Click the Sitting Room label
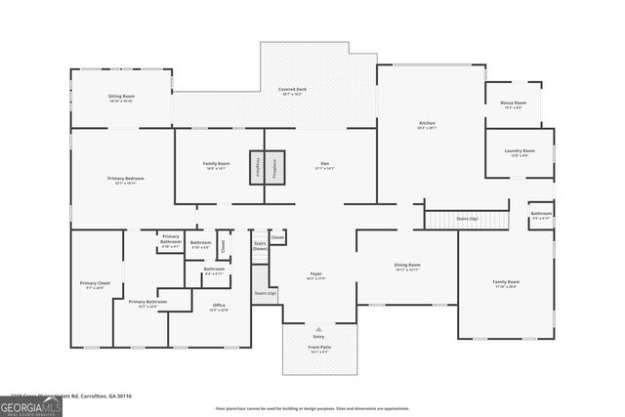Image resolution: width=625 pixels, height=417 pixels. tap(121, 97)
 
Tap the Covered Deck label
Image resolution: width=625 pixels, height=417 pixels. tap(293, 90)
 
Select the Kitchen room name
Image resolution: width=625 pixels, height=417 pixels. tap(427, 123)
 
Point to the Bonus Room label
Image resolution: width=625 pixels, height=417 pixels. tap(514, 103)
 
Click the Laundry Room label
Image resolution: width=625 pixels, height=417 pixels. tap(520, 151)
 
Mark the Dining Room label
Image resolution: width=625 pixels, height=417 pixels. tap(407, 266)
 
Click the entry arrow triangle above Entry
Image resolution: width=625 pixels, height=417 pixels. tap(319, 328)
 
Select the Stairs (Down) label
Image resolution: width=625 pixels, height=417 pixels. tap(260, 246)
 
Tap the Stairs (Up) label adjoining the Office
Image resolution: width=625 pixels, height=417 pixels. tap(265, 292)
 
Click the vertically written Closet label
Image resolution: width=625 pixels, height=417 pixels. tap(223, 247)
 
